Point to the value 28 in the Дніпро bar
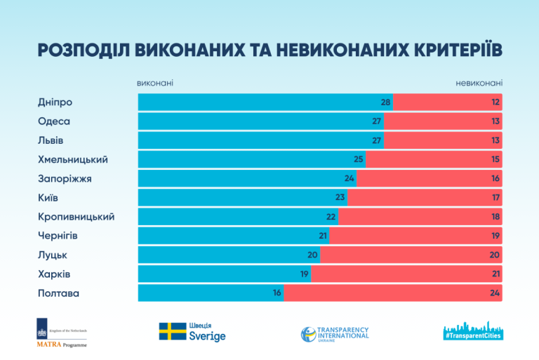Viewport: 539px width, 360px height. [385, 102]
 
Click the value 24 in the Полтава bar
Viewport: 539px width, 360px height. [495, 293]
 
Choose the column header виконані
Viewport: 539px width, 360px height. [155, 84]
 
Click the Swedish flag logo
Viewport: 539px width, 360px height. [172, 332]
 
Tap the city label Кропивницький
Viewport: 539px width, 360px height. [76, 217]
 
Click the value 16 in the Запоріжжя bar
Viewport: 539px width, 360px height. [495, 178]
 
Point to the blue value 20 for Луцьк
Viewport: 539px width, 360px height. [312, 255]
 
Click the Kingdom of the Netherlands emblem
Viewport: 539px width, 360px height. [41, 331]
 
